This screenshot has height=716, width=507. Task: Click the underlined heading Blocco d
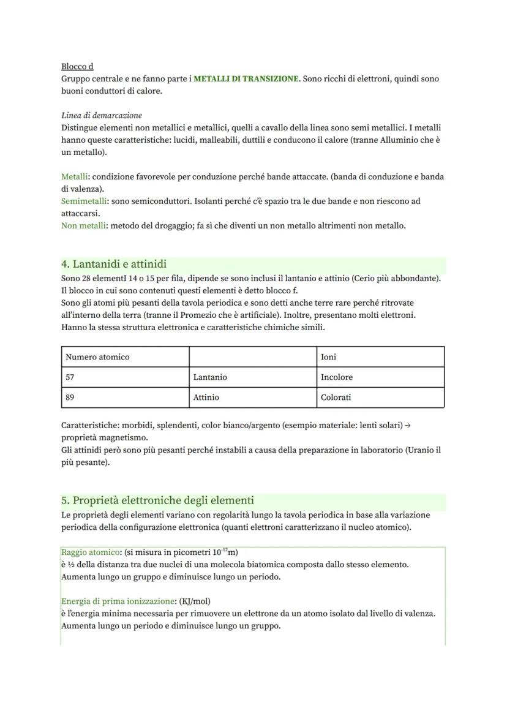coord(77,66)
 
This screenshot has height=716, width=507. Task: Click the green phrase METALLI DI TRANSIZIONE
coord(246,79)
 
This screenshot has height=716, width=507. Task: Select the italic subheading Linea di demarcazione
coord(102,115)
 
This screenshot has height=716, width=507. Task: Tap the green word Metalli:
coord(75,177)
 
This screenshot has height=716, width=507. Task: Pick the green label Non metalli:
coord(85,226)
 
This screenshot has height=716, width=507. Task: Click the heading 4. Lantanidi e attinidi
coord(114,264)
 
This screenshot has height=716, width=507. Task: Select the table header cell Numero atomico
coord(97,357)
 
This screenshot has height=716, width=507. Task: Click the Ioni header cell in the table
coord(328,357)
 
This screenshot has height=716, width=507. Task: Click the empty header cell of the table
coord(252,357)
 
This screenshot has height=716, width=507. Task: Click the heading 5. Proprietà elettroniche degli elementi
coord(157,500)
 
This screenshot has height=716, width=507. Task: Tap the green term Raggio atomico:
coord(91,552)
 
